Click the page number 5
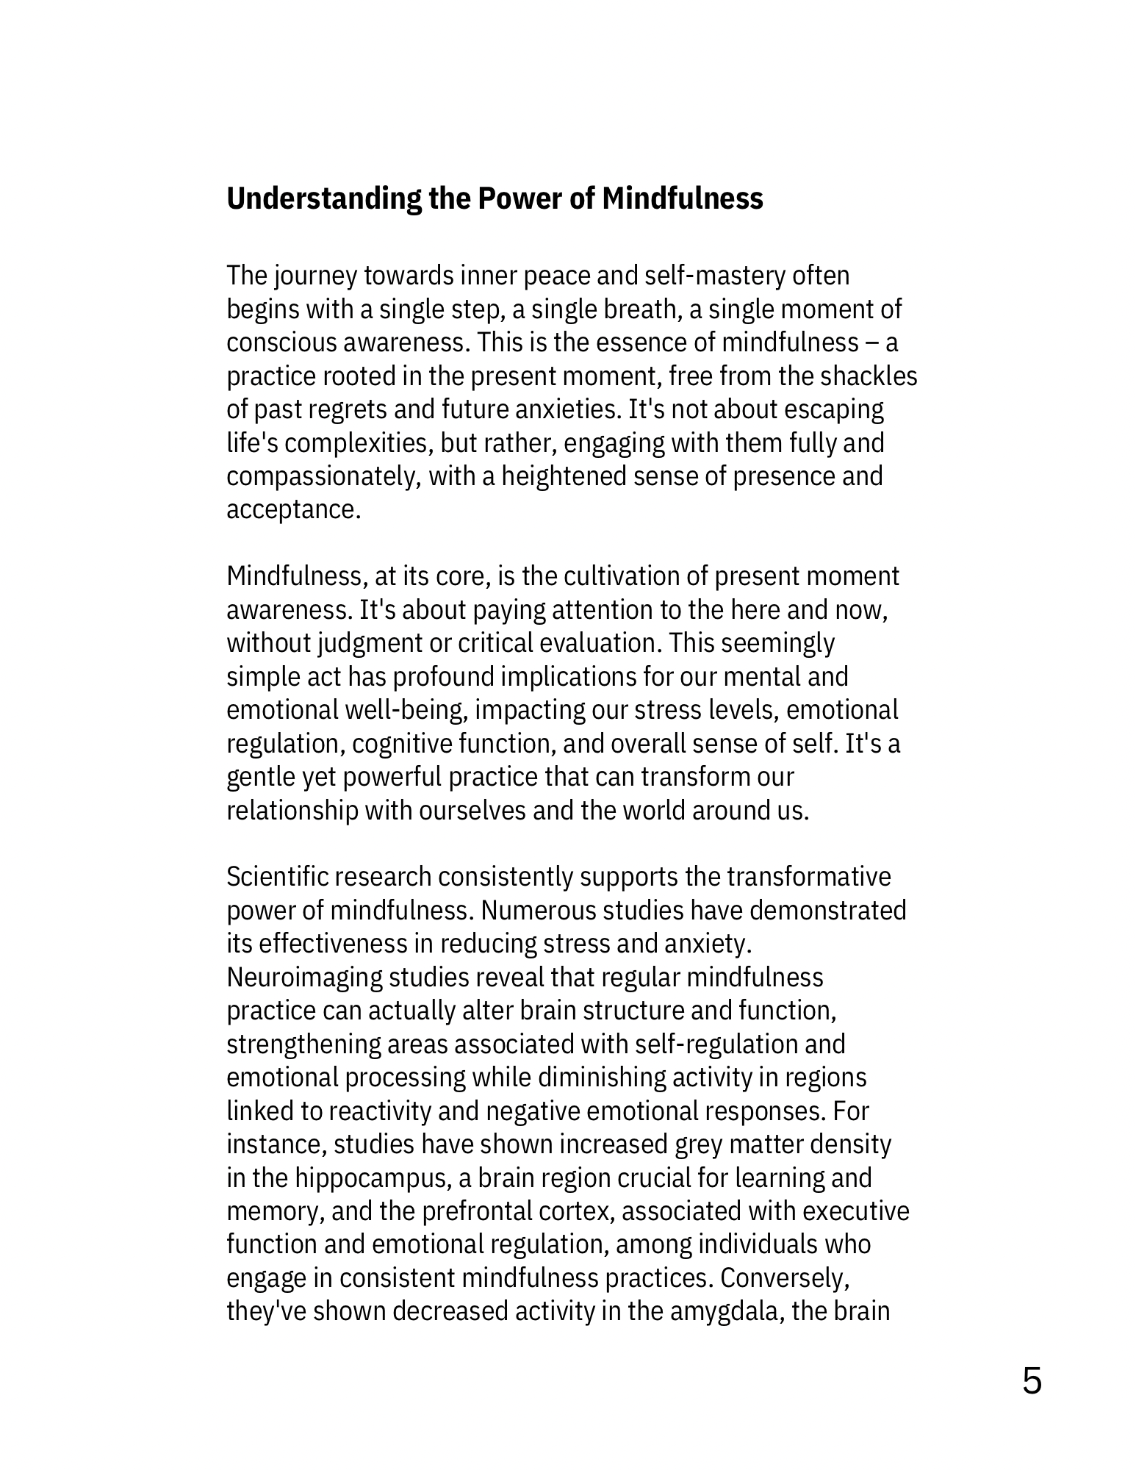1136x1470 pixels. [1032, 1381]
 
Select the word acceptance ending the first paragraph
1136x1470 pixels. [293, 510]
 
